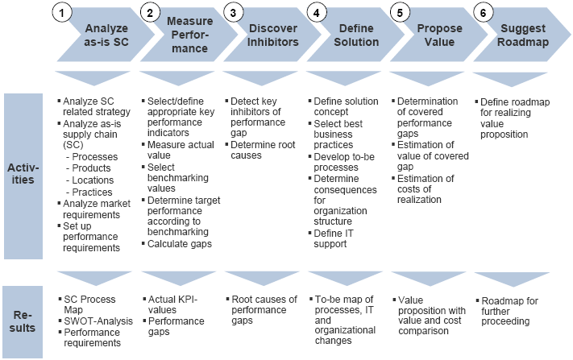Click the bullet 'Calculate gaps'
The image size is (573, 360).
[x=179, y=244]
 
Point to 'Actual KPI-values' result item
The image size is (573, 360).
[x=172, y=304]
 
